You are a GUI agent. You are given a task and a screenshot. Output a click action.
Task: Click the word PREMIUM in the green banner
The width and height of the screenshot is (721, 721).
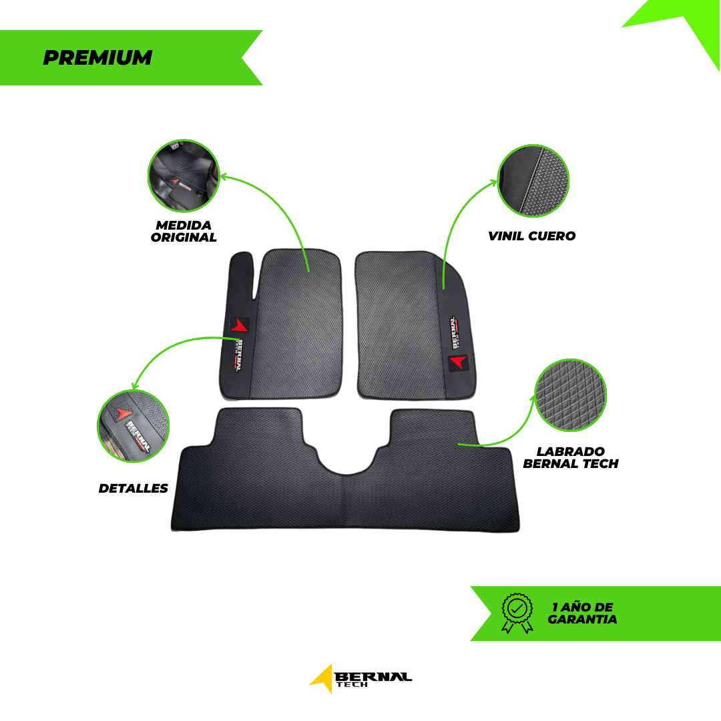(97, 58)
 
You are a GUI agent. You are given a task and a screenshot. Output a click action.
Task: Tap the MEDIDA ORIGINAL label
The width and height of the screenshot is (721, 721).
(184, 231)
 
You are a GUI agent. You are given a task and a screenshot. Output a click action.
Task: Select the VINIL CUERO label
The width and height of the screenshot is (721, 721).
(531, 236)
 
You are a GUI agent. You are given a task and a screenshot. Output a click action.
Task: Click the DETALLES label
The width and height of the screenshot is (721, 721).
(134, 488)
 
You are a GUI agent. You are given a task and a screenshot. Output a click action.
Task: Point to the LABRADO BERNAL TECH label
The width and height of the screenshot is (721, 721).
(570, 457)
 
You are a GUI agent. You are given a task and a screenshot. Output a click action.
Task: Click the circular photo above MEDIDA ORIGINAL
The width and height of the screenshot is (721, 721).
(184, 176)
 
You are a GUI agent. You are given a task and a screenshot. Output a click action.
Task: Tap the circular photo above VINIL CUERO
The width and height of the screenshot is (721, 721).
(533, 181)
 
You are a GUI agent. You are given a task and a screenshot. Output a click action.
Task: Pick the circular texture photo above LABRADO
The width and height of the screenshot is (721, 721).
(570, 397)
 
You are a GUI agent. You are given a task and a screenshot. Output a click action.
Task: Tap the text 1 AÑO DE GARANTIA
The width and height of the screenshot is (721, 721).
(582, 613)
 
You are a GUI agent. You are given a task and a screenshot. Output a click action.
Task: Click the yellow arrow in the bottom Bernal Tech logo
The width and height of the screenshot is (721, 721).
(322, 678)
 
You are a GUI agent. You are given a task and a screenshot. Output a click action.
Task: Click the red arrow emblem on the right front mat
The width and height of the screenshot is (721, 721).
(458, 363)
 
